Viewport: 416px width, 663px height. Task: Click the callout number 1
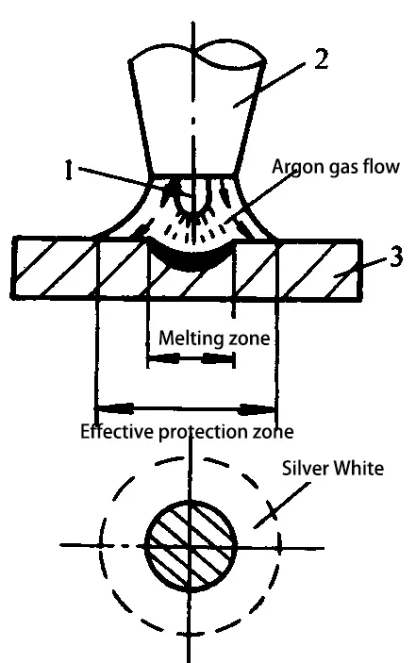point(68,170)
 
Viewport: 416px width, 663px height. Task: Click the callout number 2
point(322,59)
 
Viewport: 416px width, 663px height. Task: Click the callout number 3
point(395,257)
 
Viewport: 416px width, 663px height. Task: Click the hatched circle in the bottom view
point(191,546)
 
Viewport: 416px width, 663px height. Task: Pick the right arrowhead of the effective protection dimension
point(257,409)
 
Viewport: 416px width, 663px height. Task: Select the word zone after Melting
point(249,340)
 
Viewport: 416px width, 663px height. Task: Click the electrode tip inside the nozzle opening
point(192,201)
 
